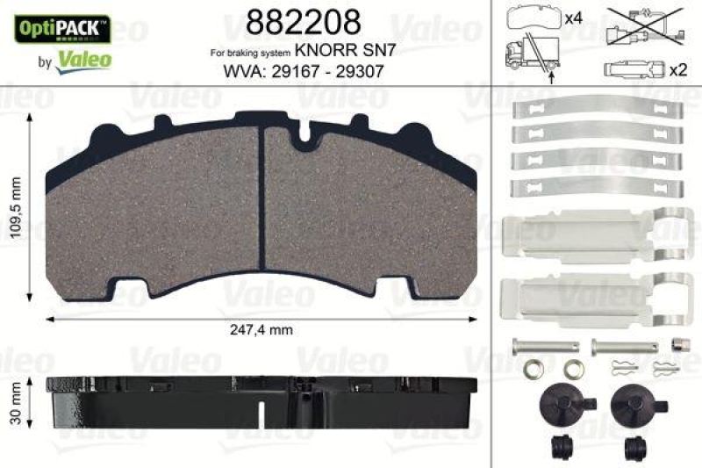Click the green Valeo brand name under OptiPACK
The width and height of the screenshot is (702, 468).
84,60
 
